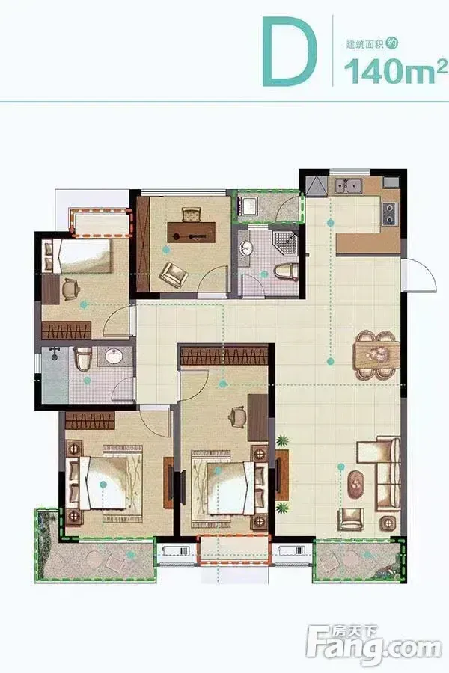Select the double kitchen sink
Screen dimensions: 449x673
[348, 186]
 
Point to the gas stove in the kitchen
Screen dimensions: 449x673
[390, 213]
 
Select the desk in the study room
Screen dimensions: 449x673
[191, 232]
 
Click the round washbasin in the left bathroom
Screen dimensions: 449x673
[114, 356]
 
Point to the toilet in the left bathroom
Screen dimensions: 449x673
[83, 358]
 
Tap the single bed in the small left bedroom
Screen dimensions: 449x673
[78, 256]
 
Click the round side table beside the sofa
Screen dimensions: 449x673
[390, 523]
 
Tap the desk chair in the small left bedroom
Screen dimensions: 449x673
[71, 289]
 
